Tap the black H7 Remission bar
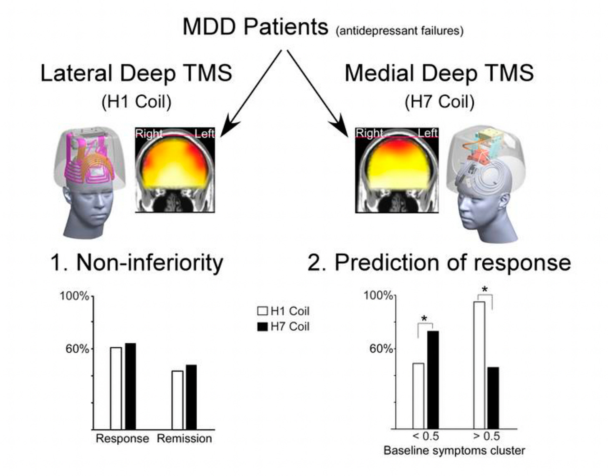point(191,397)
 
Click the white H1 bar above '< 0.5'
point(418,396)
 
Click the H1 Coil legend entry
point(284,311)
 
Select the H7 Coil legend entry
point(284,326)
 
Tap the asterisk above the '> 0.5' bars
point(485,290)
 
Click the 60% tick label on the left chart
point(77,349)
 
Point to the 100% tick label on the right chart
point(378,296)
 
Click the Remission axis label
point(184,438)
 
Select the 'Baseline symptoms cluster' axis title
point(454,451)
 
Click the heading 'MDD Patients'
point(256,27)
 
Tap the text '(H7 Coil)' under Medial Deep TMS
point(439,102)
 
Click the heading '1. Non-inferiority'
point(137,263)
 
